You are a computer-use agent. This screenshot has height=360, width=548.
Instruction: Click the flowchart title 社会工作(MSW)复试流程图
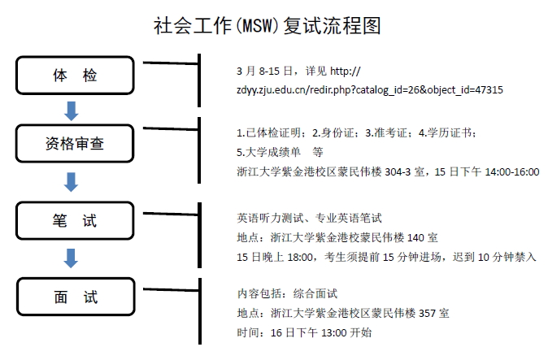267,26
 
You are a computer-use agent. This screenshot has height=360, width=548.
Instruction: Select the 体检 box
75,76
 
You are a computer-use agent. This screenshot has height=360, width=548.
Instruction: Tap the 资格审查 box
75,145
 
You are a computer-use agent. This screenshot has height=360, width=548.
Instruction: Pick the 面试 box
75,296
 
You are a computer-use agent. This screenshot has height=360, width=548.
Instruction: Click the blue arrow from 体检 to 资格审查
72,109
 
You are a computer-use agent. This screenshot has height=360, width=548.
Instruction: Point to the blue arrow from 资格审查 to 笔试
72,181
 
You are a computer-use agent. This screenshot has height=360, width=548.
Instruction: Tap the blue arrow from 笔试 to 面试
72,258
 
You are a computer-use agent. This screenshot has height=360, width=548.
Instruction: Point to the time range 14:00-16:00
510,171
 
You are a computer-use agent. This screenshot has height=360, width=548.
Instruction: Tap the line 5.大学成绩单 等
280,152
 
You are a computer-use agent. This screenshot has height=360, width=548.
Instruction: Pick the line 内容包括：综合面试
286,293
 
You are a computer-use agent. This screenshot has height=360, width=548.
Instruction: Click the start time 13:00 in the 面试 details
337,332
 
